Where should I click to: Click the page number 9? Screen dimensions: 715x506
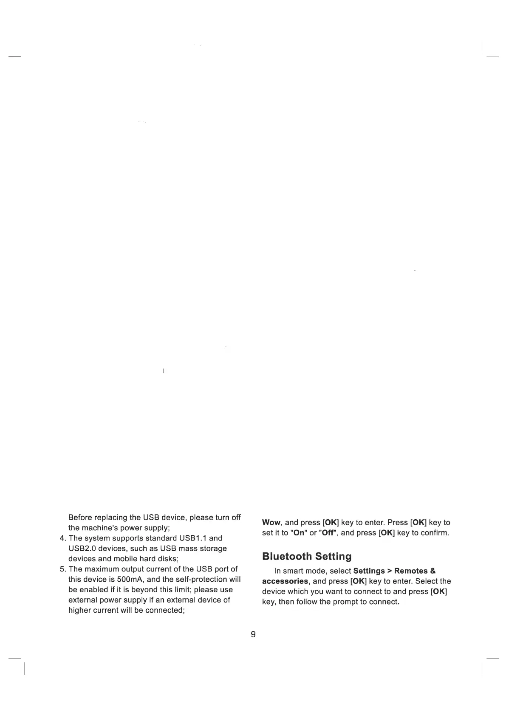pyautogui.click(x=253, y=634)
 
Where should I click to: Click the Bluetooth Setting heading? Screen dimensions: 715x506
pyautogui.click(x=307, y=556)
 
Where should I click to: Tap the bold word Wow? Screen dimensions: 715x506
pyautogui.click(x=271, y=522)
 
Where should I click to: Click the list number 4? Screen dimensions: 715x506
pyautogui.click(x=62, y=538)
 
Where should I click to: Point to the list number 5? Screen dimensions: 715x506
pyautogui.click(x=62, y=569)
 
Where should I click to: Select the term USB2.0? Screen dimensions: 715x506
pyautogui.click(x=82, y=549)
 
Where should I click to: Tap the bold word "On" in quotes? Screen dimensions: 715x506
pyautogui.click(x=299, y=533)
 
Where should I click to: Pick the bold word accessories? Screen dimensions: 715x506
pyautogui.click(x=285, y=581)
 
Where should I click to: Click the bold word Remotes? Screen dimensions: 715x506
pyautogui.click(x=411, y=571)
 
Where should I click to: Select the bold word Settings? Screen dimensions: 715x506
pyautogui.click(x=369, y=571)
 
